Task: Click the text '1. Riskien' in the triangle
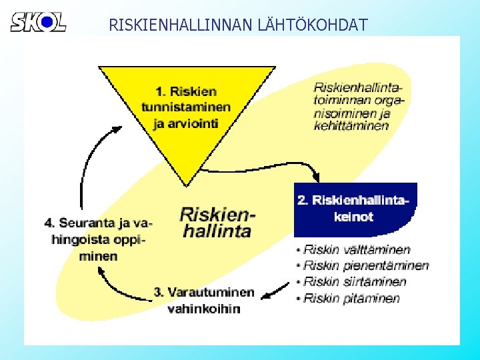click(x=186, y=91)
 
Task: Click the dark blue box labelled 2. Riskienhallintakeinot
click(x=355, y=209)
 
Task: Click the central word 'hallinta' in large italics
click(x=216, y=231)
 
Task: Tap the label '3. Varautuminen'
click(x=204, y=292)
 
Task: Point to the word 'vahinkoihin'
click(x=204, y=309)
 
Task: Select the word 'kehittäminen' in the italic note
click(x=351, y=126)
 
